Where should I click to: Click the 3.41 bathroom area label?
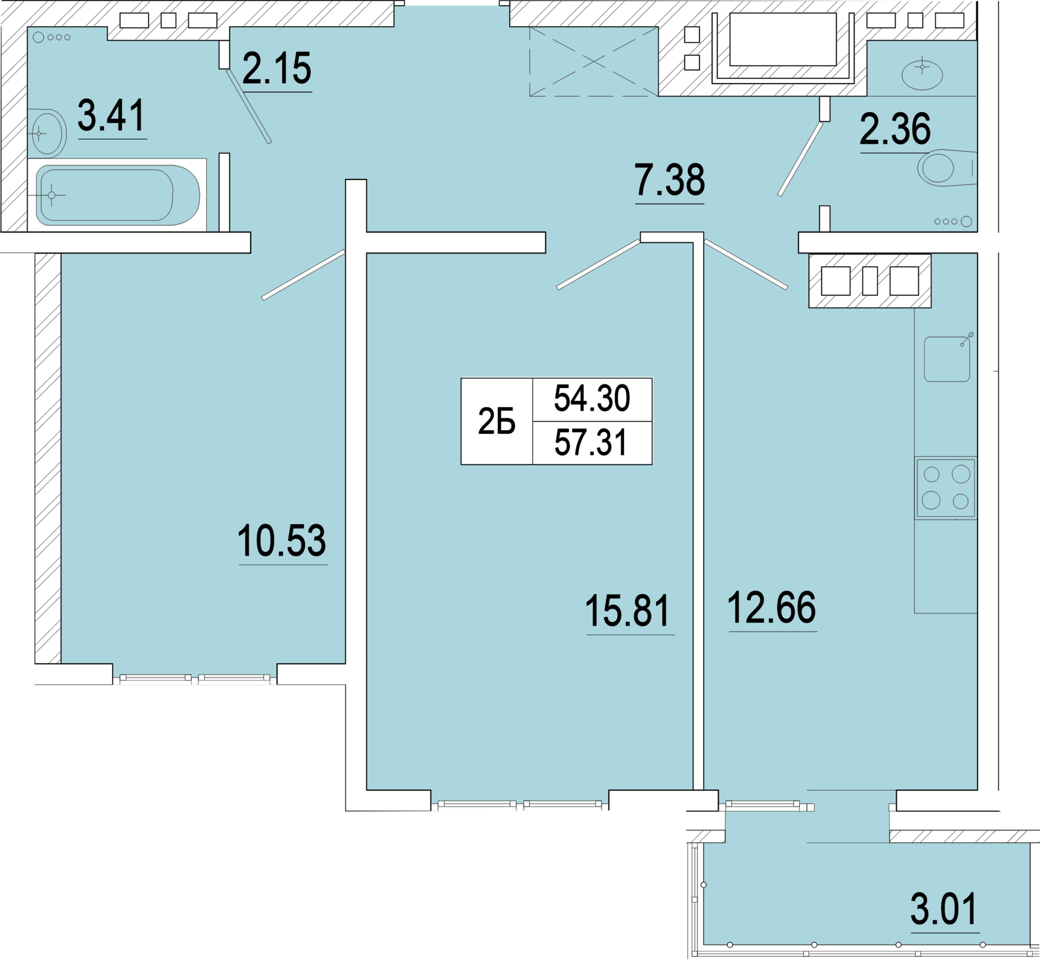tap(111, 116)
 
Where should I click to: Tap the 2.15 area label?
tap(277, 68)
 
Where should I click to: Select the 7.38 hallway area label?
tap(670, 180)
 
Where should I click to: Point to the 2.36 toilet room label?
tap(895, 129)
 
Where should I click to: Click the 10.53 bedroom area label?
tap(282, 540)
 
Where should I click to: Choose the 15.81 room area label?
tap(628, 611)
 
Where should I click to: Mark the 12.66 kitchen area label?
tap(772, 607)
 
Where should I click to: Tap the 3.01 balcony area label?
tap(944, 909)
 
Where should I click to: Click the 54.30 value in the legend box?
tap(592, 398)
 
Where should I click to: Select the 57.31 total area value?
tap(591, 443)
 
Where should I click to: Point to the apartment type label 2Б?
tap(496, 422)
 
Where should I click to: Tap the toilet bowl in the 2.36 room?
tap(947, 167)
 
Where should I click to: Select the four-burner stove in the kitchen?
tap(946, 488)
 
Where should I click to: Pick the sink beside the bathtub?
tap(48, 133)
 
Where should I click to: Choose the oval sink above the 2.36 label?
tap(922, 74)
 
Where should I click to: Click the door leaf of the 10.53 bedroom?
tap(303, 275)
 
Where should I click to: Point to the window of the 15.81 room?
tap(520, 805)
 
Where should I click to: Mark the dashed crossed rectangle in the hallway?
tap(594, 61)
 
